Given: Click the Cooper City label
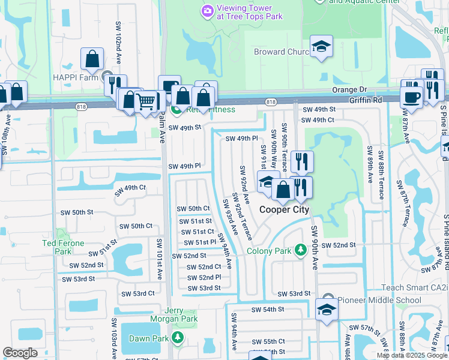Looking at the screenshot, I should [284, 209].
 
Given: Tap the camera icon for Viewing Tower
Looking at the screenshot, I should [208, 11].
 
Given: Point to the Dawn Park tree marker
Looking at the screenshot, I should [177, 337].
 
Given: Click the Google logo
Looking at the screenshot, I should [20, 353].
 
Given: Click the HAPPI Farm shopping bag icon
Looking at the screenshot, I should [92, 59].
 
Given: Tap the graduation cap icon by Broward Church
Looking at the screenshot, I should [321, 47].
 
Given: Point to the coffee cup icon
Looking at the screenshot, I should [412, 97].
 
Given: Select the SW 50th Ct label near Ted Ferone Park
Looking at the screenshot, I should [136, 226].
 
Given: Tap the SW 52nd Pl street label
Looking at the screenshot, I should [204, 277].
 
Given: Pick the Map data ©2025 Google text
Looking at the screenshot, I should [411, 355].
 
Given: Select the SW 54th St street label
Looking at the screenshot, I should [267, 309].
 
